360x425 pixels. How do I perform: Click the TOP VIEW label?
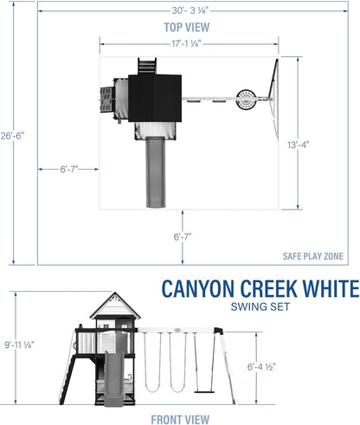[x=186, y=28]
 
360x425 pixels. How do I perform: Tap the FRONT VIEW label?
[x=186, y=418]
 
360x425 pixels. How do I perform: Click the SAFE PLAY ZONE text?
[x=312, y=255]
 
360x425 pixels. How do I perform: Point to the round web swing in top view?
[x=248, y=99]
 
